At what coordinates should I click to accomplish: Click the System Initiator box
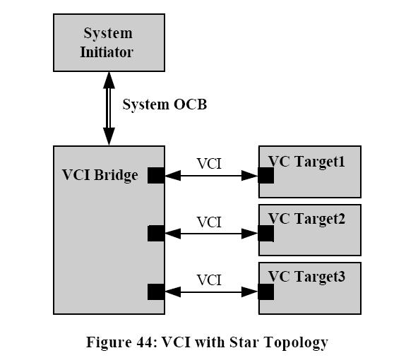click(109, 42)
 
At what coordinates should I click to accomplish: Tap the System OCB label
click(165, 104)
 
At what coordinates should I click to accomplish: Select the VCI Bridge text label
click(100, 175)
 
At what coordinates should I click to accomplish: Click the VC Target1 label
click(306, 162)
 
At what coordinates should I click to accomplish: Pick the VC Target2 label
click(306, 219)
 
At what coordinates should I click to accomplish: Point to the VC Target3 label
click(306, 277)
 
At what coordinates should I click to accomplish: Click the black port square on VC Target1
click(266, 175)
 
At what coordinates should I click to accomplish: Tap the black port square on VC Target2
click(266, 233)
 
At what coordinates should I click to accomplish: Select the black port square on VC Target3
click(266, 292)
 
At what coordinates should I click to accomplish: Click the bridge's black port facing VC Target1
click(156, 175)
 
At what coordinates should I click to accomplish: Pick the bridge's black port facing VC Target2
click(156, 233)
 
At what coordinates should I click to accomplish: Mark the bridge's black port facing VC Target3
click(156, 292)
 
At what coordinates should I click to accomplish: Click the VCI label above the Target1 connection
click(209, 164)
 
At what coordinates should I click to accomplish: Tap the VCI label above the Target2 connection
click(209, 222)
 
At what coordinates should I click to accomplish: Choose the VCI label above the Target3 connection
click(209, 280)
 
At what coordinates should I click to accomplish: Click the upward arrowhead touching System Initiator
click(109, 80)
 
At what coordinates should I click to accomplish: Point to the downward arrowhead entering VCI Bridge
click(109, 136)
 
